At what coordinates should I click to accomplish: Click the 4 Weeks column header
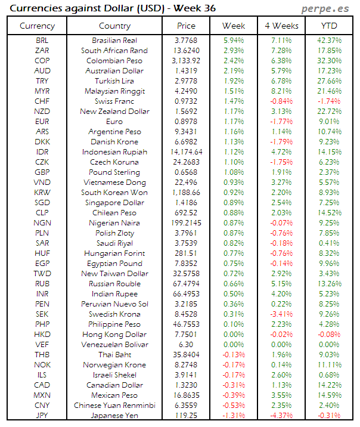tap(281, 26)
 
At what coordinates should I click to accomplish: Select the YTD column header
tap(329, 26)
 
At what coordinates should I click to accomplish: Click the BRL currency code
tap(43, 41)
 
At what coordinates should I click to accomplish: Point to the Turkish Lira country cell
tap(114, 81)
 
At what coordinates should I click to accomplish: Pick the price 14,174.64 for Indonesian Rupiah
tap(186, 152)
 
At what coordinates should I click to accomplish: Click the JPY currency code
tap(43, 415)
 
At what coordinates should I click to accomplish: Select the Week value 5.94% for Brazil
tap(233, 41)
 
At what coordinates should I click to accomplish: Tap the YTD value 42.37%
tap(329, 41)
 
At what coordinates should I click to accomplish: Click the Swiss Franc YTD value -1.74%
tap(329, 101)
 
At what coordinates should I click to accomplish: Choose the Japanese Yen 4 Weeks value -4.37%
tap(281, 415)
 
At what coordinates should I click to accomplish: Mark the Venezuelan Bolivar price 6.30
tap(186, 344)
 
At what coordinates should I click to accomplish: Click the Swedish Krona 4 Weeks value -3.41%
tap(281, 314)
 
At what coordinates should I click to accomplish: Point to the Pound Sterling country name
tap(114, 172)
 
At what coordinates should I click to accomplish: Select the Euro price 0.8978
tap(186, 122)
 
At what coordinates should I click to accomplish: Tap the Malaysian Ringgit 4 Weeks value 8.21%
tap(281, 91)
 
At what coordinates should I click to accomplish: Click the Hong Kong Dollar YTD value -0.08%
tap(329, 334)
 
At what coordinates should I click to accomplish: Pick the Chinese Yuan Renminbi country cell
tap(114, 405)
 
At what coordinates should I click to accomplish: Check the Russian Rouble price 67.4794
tap(186, 283)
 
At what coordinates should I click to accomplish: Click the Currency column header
tap(37, 26)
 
